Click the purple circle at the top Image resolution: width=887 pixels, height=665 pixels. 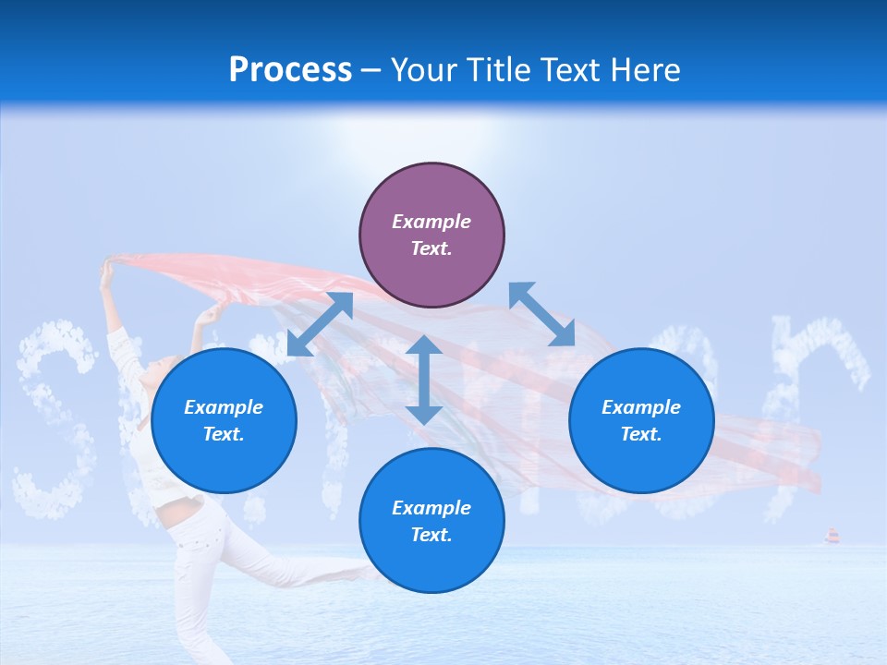431,236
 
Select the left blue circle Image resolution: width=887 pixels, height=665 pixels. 224,421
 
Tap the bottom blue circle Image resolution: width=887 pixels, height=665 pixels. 431,521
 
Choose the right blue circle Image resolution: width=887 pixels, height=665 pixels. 641,421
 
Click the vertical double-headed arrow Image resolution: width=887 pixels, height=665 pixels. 424,380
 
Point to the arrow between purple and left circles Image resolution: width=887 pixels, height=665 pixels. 320,324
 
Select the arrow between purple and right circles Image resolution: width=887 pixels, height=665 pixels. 541,314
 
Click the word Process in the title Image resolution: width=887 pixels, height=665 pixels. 290,70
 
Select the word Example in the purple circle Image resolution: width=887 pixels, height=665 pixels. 431,222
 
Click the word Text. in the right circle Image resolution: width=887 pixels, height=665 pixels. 641,434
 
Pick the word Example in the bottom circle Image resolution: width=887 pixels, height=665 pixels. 431,508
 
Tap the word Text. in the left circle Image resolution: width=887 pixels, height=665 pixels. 224,434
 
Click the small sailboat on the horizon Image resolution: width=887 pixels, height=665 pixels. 832,536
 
